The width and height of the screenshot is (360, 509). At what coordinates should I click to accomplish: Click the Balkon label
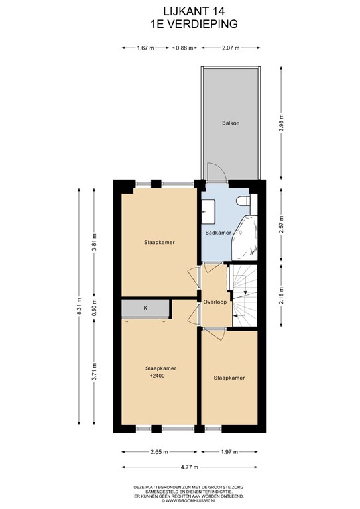[231, 123]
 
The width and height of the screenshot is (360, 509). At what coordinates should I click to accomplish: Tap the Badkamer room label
[218, 233]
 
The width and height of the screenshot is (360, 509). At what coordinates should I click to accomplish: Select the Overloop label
[215, 302]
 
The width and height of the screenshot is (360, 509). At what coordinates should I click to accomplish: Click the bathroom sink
[208, 211]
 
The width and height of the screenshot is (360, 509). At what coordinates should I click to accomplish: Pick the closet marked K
[145, 308]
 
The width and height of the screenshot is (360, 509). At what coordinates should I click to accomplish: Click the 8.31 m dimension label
[79, 306]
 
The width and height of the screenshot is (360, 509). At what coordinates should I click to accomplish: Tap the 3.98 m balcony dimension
[282, 123]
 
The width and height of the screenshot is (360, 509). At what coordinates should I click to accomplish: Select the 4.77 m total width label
[189, 467]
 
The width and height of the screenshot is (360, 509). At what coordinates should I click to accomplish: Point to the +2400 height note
[157, 376]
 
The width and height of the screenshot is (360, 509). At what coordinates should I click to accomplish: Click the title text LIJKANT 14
[194, 11]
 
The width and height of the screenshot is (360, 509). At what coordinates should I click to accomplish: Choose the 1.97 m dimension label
[229, 452]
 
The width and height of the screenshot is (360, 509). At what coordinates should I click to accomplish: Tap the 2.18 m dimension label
[282, 296]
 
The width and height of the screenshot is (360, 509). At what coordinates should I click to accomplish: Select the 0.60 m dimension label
[94, 308]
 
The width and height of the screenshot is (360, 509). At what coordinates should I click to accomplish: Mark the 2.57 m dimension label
[282, 225]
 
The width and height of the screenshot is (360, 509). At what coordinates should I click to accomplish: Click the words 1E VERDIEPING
[194, 24]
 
